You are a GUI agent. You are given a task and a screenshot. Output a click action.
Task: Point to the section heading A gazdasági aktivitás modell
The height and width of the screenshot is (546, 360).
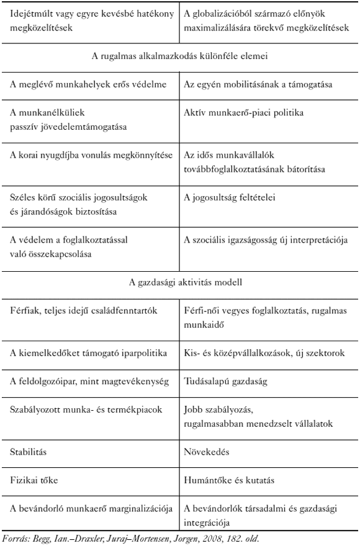click(x=180, y=282)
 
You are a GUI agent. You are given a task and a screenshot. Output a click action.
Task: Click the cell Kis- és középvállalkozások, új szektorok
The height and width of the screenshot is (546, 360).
click(x=261, y=353)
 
